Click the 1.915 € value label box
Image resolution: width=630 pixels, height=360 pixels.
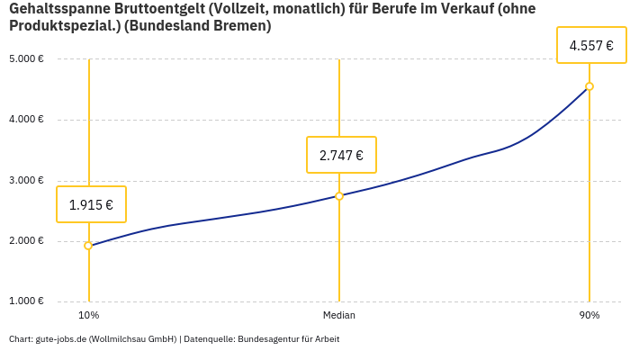(91, 204)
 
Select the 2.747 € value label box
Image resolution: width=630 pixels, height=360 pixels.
(341, 155)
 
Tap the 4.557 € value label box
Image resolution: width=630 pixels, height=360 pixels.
(591, 45)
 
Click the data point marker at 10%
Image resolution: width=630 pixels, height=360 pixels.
(88, 246)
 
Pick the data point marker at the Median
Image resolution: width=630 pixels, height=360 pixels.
(339, 195)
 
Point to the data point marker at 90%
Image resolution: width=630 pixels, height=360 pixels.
(589, 86)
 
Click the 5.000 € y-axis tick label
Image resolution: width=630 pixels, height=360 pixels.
(26, 59)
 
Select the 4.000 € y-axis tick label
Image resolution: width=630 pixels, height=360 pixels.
(26, 120)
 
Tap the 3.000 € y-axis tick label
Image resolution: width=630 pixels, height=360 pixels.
(26, 180)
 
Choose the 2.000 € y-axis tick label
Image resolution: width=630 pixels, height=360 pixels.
(26, 241)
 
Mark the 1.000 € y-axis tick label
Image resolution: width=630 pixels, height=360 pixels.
(26, 301)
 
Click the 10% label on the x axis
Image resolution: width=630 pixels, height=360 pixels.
(88, 316)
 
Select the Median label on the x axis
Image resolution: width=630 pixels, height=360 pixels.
(339, 316)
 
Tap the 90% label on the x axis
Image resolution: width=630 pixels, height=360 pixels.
(589, 316)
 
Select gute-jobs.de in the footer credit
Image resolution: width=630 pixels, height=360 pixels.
(60, 339)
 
